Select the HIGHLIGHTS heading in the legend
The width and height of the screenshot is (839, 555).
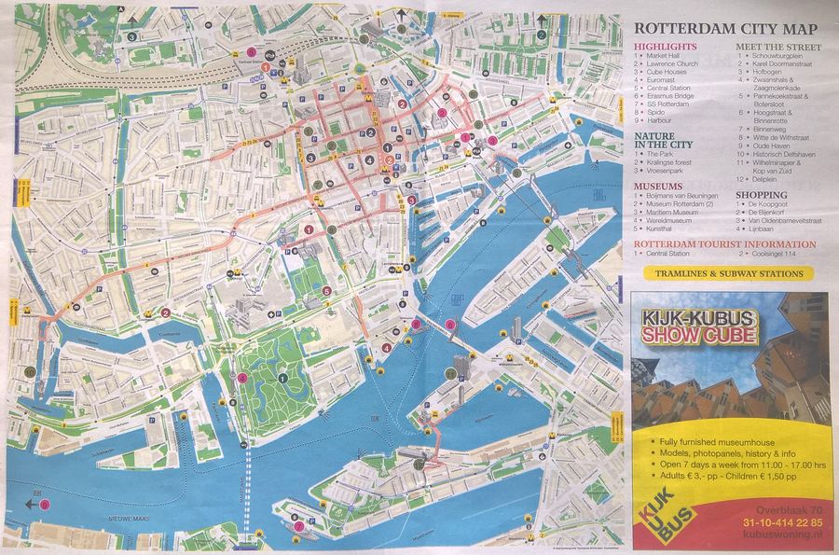point(666,47)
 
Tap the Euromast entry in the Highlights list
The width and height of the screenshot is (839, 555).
point(672,80)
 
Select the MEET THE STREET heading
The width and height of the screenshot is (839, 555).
point(778,47)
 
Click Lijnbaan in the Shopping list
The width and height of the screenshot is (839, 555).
point(767,229)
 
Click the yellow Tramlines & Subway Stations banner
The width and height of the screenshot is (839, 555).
point(728,274)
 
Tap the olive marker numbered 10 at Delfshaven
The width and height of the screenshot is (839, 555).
point(30,371)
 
